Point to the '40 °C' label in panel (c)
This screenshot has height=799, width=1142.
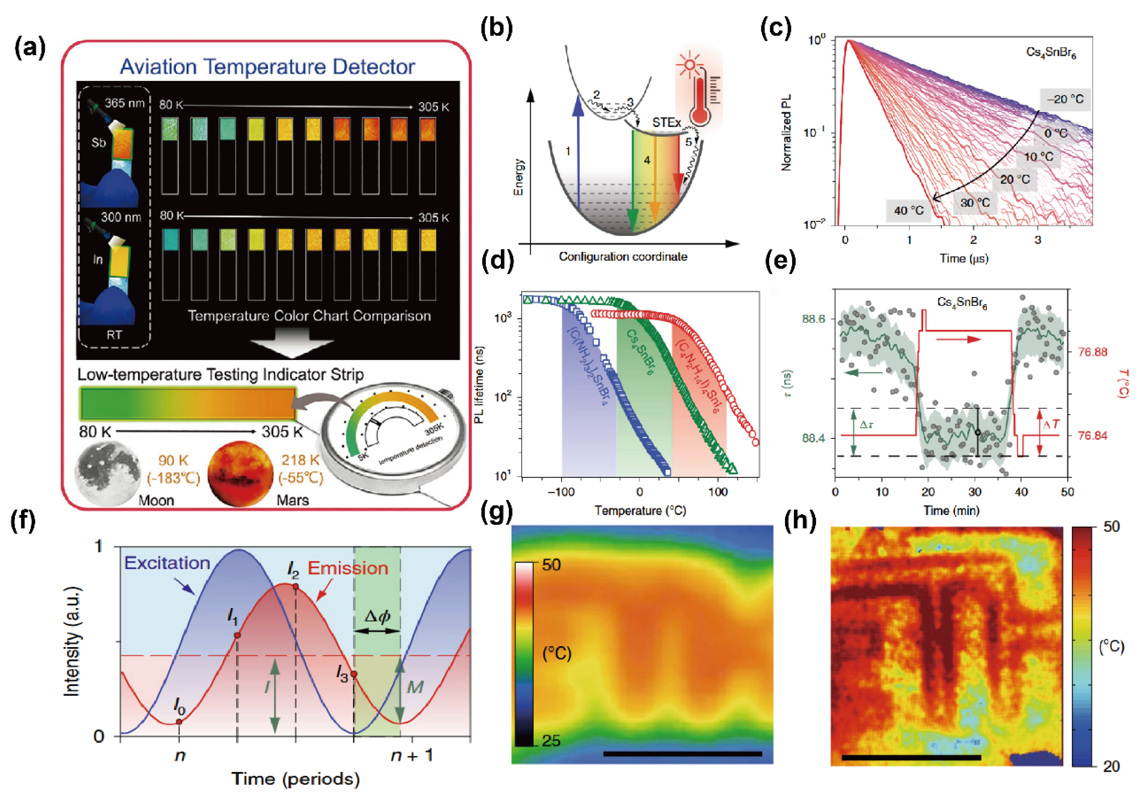pos(909,210)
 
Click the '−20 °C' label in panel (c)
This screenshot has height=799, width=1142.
pos(1065,99)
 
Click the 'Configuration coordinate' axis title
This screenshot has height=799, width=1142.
pos(623,257)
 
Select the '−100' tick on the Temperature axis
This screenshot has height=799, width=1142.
pos(561,492)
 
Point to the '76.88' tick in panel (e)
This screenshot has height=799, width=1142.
pos(1092,352)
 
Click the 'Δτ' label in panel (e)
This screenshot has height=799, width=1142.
pos(866,424)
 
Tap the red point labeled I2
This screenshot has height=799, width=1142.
pos(296,587)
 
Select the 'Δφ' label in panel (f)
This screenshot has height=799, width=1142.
pos(377,617)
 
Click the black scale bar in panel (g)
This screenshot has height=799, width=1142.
pos(682,754)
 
